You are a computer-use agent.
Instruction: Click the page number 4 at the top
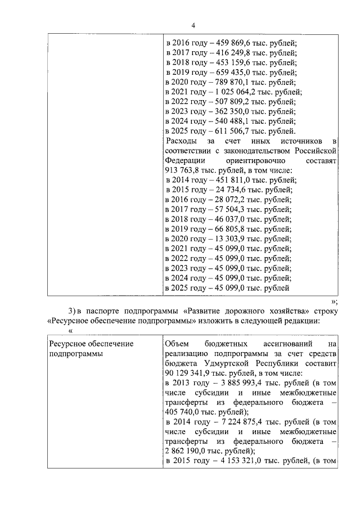click(x=193, y=25)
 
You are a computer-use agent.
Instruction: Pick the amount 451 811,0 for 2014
click(x=231, y=180)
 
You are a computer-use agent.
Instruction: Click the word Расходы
click(x=182, y=141)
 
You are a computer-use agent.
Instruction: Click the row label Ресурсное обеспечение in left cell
click(x=91, y=343)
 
